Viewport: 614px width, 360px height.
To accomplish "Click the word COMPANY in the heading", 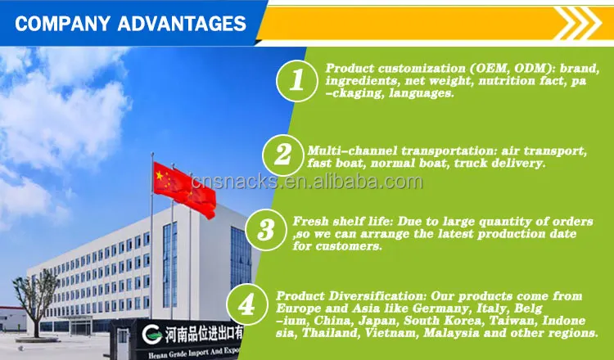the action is click(63, 24).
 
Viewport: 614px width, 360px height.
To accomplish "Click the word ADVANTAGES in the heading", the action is click(182, 24).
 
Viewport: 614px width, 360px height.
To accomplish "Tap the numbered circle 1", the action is click(297, 81).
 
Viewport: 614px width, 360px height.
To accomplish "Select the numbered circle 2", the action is click(282, 155).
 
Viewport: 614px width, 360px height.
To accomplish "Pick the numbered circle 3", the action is click(266, 230).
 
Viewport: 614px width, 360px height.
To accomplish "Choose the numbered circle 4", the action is click(247, 305).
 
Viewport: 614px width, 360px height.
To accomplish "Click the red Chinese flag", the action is click(184, 189).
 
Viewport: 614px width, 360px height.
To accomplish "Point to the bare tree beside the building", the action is click(34, 301).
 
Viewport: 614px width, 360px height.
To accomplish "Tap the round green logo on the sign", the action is click(152, 334).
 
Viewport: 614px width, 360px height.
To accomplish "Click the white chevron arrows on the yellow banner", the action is click(578, 23).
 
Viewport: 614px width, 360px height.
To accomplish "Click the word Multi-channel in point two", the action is click(352, 151).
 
